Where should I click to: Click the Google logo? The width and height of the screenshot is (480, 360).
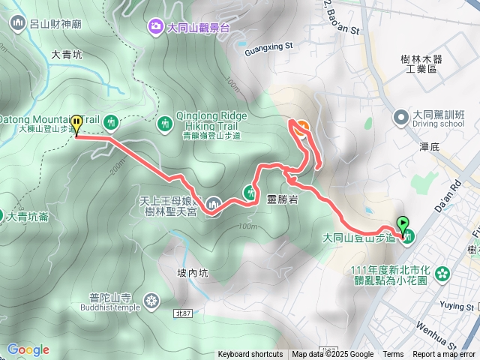[x=28, y=349]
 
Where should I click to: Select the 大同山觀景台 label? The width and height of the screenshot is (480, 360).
[x=198, y=28]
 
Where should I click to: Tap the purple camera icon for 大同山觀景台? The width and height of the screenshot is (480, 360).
[x=155, y=28]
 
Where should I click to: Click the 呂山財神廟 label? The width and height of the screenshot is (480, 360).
[x=60, y=24]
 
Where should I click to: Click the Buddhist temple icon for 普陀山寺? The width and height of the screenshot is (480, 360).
[x=152, y=301]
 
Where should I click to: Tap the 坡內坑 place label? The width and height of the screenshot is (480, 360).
[x=192, y=273]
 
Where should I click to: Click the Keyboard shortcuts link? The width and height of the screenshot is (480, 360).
[x=250, y=355]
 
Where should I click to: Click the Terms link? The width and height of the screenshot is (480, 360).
[x=393, y=355]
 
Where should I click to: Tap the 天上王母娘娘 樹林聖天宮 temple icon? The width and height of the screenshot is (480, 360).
[x=214, y=203]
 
